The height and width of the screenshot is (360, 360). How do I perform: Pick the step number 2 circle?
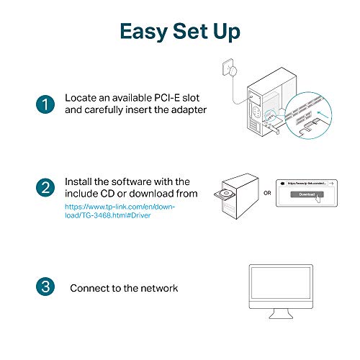point(44,189)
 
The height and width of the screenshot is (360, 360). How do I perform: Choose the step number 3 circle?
point(44,287)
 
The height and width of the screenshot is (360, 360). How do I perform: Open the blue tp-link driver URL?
point(119,211)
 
